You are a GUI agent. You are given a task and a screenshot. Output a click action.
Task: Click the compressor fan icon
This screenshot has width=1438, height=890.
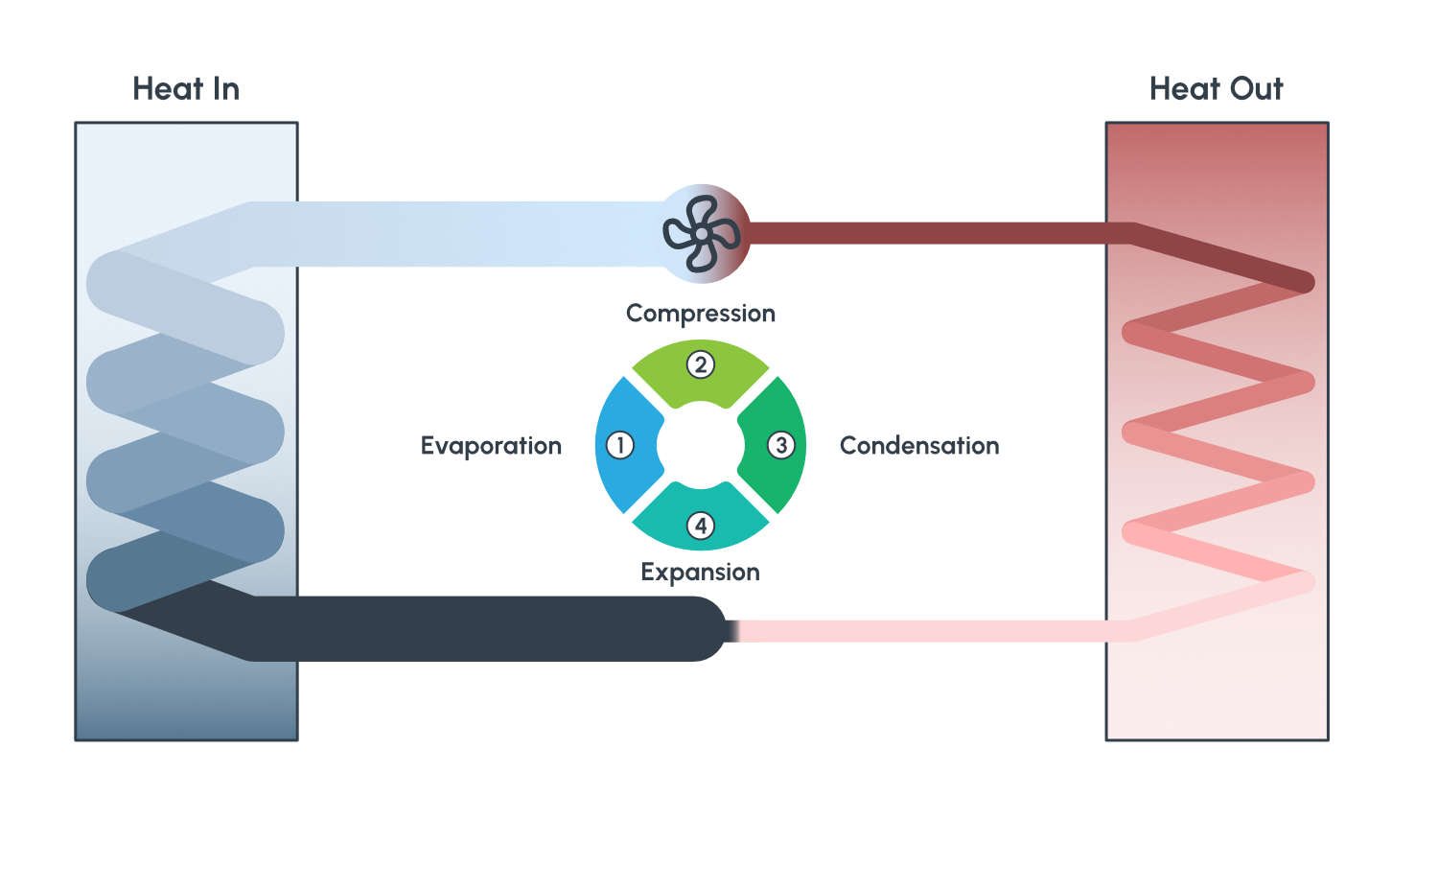click(702, 233)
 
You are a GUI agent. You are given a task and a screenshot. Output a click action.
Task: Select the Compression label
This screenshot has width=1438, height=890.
click(700, 314)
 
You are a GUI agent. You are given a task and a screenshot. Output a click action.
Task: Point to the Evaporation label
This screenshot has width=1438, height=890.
click(491, 446)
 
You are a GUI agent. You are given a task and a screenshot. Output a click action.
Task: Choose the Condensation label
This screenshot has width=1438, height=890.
click(918, 446)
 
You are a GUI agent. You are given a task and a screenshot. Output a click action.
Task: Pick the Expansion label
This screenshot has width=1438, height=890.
click(700, 573)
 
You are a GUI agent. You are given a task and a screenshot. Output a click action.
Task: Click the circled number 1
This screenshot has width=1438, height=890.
click(620, 445)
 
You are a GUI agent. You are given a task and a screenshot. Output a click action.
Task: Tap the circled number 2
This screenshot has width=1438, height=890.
click(701, 364)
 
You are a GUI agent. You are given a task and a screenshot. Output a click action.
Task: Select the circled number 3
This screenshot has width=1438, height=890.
click(781, 445)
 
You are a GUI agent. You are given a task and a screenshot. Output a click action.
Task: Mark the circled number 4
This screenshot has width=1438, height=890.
click(701, 526)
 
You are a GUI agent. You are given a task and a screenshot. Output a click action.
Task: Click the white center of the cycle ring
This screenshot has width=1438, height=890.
click(701, 445)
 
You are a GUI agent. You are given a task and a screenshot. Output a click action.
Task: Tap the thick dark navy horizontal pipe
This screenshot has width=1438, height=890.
click(479, 628)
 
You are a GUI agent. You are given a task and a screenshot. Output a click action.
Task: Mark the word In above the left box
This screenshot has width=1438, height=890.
click(226, 89)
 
